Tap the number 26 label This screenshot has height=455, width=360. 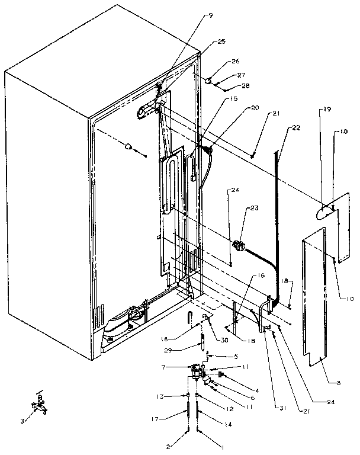(236, 61)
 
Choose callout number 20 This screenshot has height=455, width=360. (239, 108)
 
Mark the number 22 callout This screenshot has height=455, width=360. (296, 129)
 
